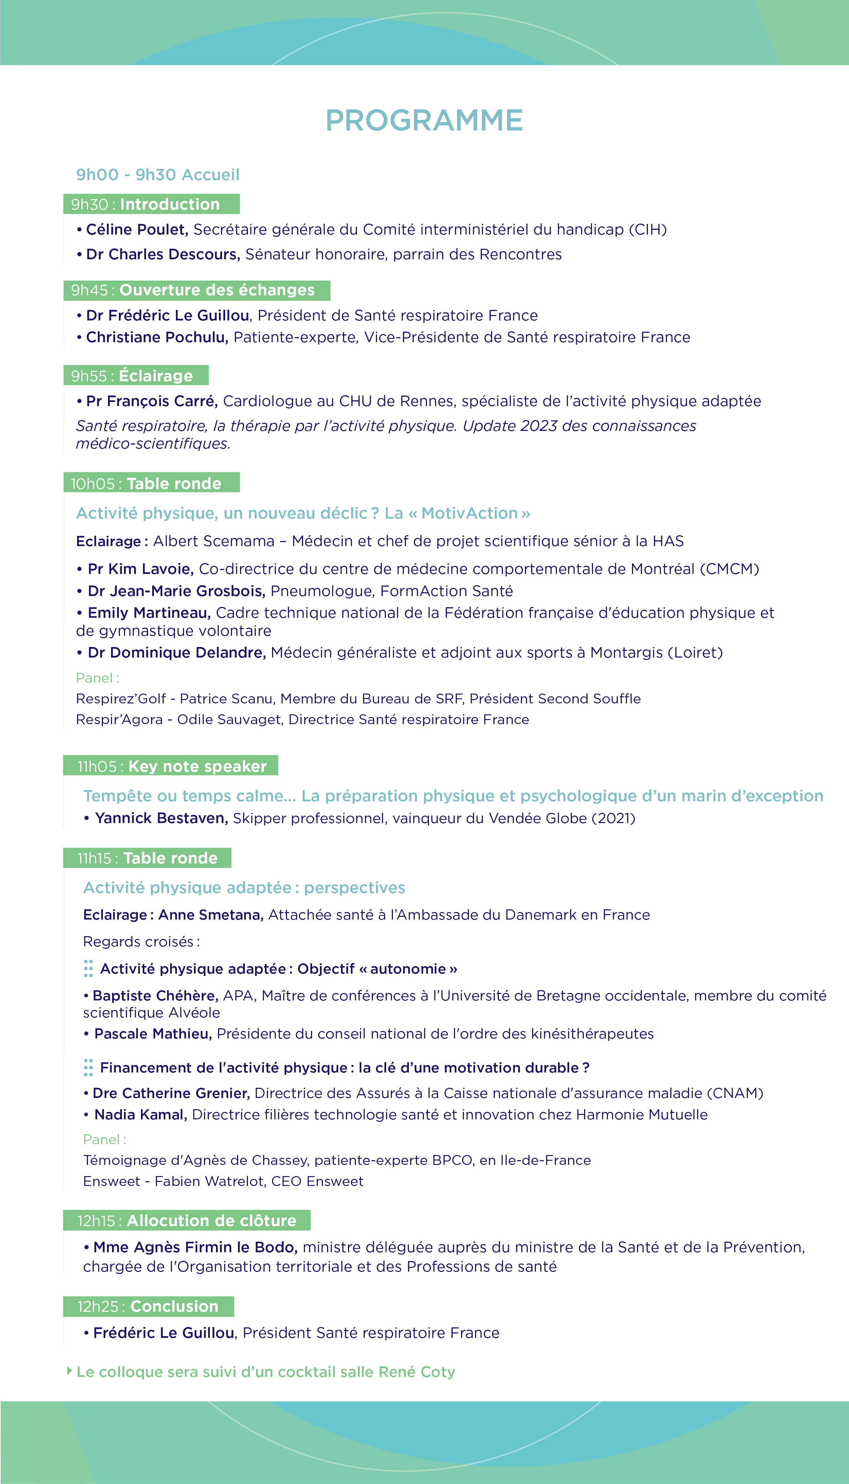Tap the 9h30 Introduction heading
(x=151, y=204)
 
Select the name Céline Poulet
(x=137, y=229)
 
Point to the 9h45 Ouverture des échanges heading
(x=197, y=290)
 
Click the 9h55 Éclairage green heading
(x=136, y=376)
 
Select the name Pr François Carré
(x=151, y=401)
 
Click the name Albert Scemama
(x=213, y=541)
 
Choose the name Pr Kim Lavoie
(x=140, y=569)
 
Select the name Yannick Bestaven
(x=161, y=818)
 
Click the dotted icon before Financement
(x=88, y=1067)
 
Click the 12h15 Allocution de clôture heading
(x=186, y=1220)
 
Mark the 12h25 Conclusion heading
(x=148, y=1306)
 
